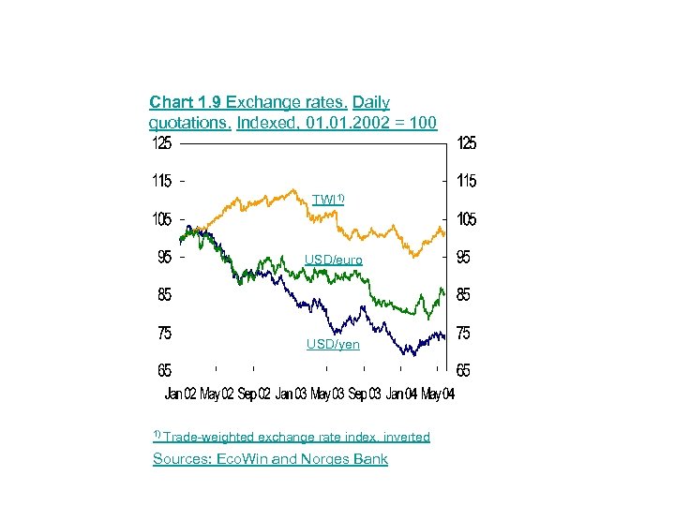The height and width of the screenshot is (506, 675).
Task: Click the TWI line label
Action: click(x=329, y=199)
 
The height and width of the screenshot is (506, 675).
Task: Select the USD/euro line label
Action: click(x=333, y=260)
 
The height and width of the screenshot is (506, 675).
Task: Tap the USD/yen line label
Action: click(x=333, y=345)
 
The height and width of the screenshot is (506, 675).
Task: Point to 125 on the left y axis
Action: click(x=162, y=143)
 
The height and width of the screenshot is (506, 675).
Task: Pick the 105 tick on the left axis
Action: click(x=162, y=218)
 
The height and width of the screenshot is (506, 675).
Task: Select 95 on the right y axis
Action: click(x=466, y=257)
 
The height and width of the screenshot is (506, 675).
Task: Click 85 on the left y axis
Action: click(x=162, y=294)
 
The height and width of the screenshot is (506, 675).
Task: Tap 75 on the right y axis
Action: click(x=466, y=333)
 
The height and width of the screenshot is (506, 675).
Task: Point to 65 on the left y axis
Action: click(x=162, y=370)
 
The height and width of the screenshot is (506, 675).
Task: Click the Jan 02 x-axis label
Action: click(x=181, y=394)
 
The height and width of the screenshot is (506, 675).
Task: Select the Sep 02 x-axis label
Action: click(x=255, y=394)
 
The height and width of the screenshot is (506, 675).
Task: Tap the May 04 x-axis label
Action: click(x=438, y=394)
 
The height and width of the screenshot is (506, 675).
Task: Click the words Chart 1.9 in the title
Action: click(x=185, y=102)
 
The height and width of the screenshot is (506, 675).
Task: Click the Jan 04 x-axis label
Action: click(x=401, y=394)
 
